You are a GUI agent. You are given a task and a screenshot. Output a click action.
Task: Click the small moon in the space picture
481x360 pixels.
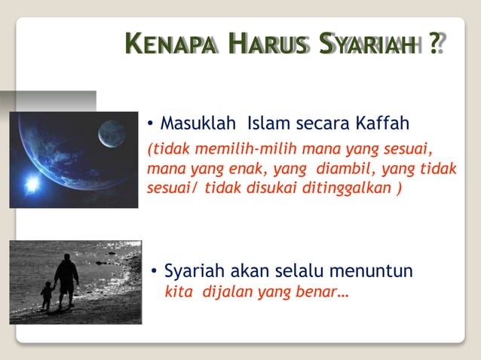112,134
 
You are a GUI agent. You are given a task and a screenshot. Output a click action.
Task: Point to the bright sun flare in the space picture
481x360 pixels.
32,184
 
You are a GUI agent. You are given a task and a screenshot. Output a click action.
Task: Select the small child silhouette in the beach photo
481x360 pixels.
47,294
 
